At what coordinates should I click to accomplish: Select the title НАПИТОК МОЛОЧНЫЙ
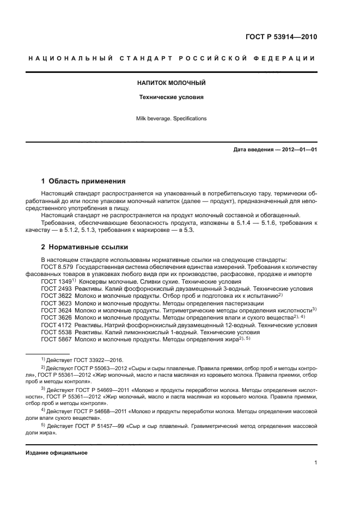tap(170, 83)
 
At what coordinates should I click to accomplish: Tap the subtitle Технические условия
tap(170, 97)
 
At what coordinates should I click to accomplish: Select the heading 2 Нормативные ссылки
tap(84, 247)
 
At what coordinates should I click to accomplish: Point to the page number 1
tap(315, 463)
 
